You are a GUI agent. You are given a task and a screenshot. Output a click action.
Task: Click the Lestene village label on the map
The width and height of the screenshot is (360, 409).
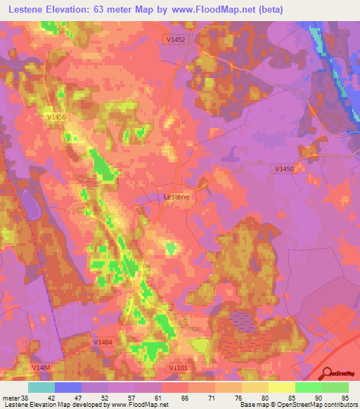[176, 197]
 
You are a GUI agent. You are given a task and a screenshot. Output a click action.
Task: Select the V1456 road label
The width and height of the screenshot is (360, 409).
[54, 117]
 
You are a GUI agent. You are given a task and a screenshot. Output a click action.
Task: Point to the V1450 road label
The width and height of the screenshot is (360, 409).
[284, 169]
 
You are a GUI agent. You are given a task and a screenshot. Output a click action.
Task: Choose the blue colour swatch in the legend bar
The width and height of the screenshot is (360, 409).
[68, 387]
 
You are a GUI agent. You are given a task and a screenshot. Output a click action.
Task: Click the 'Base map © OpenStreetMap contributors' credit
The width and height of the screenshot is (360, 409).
[298, 404]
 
